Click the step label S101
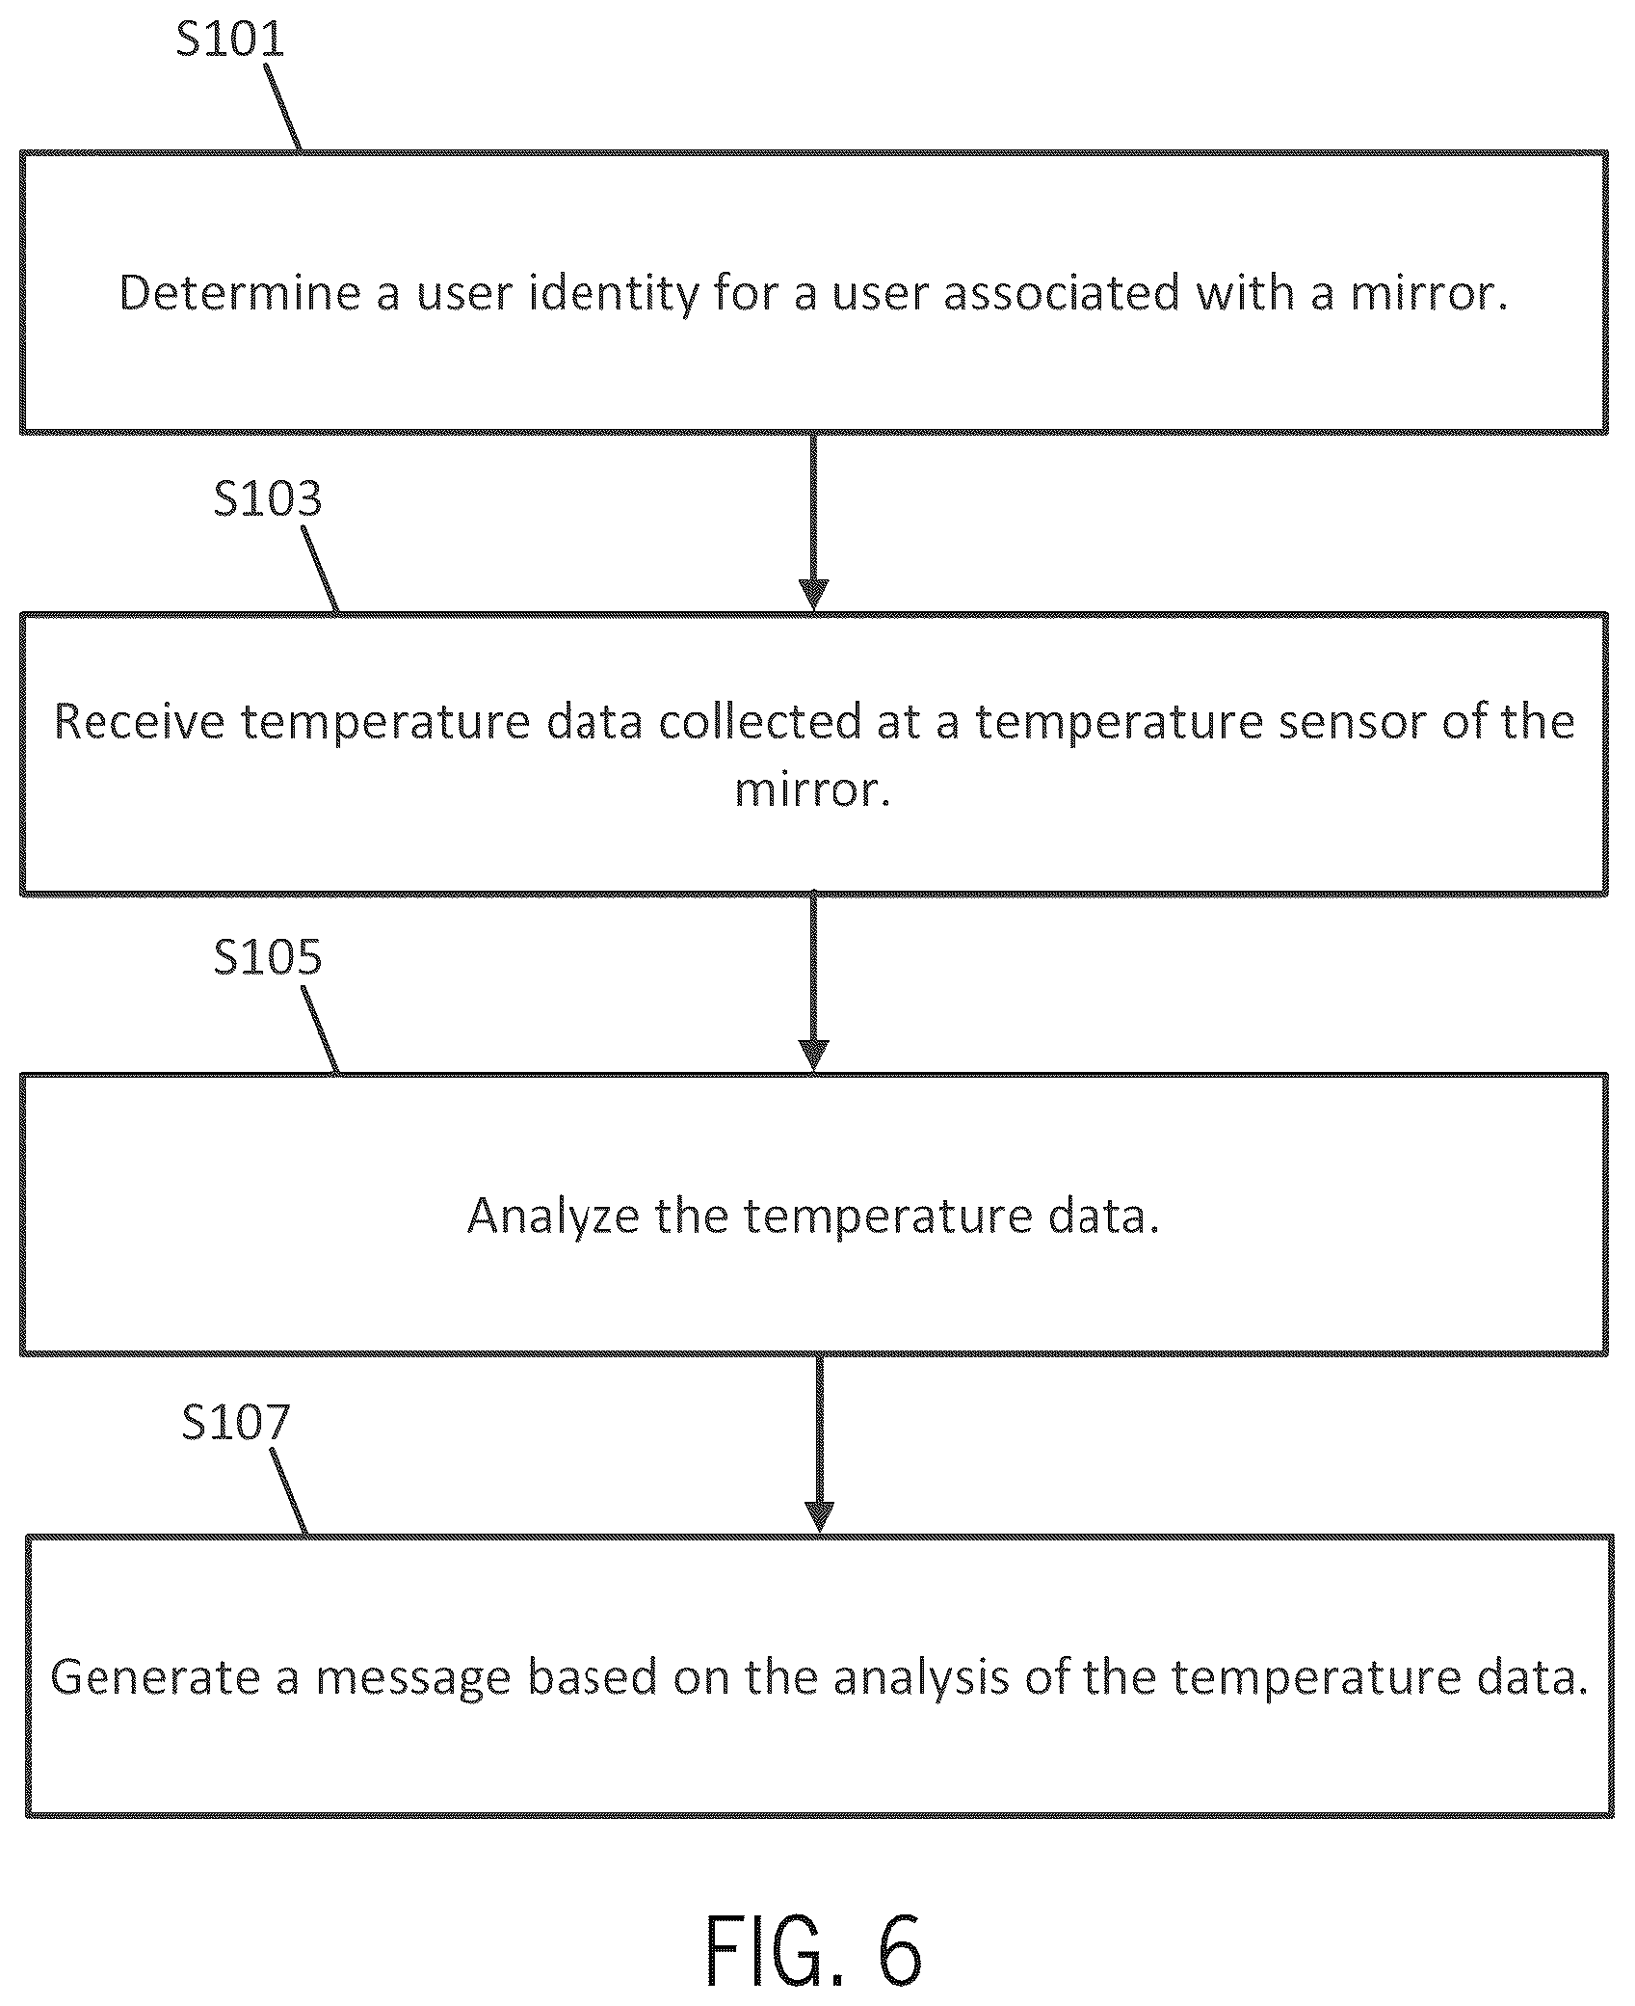(230, 39)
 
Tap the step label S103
(268, 498)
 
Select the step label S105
(268, 956)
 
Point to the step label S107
(236, 1422)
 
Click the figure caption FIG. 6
(815, 1952)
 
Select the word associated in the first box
(1062, 292)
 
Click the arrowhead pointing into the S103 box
(814, 596)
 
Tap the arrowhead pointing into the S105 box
(814, 1056)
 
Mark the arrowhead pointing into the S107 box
(819, 1517)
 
